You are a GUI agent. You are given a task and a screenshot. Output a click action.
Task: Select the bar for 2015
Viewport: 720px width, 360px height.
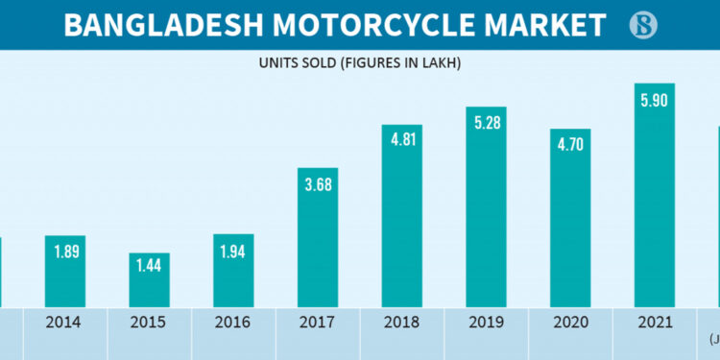coord(150,279)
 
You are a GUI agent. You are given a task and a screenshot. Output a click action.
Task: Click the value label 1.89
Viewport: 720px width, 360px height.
coord(65,252)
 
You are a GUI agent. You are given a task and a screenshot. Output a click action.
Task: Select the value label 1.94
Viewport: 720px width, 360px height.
coord(233,252)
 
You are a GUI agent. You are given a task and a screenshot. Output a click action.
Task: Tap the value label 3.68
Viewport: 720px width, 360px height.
coord(318,184)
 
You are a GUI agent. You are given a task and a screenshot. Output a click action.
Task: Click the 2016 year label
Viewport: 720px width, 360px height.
coord(233,323)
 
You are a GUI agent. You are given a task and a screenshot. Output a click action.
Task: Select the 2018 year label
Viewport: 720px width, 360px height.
coord(402,323)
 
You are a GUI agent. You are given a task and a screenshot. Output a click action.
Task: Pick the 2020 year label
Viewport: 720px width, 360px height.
coord(570,323)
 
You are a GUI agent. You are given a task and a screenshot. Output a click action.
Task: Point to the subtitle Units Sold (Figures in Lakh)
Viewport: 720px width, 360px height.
coord(360,63)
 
